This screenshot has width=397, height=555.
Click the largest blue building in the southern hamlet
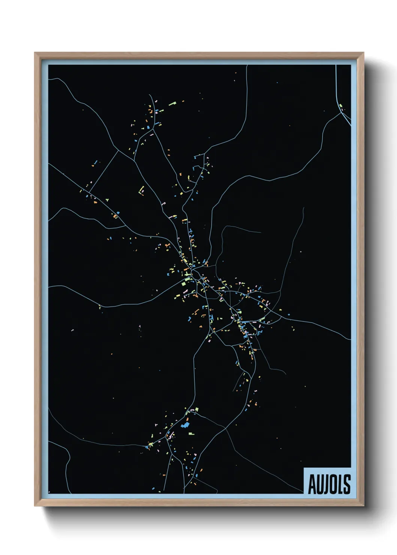point(185,425)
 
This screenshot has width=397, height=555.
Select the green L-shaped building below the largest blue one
point(191,433)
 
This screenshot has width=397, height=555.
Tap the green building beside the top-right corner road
point(341,106)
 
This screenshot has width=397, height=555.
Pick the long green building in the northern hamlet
point(172,103)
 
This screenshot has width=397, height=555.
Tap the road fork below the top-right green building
point(343,113)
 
